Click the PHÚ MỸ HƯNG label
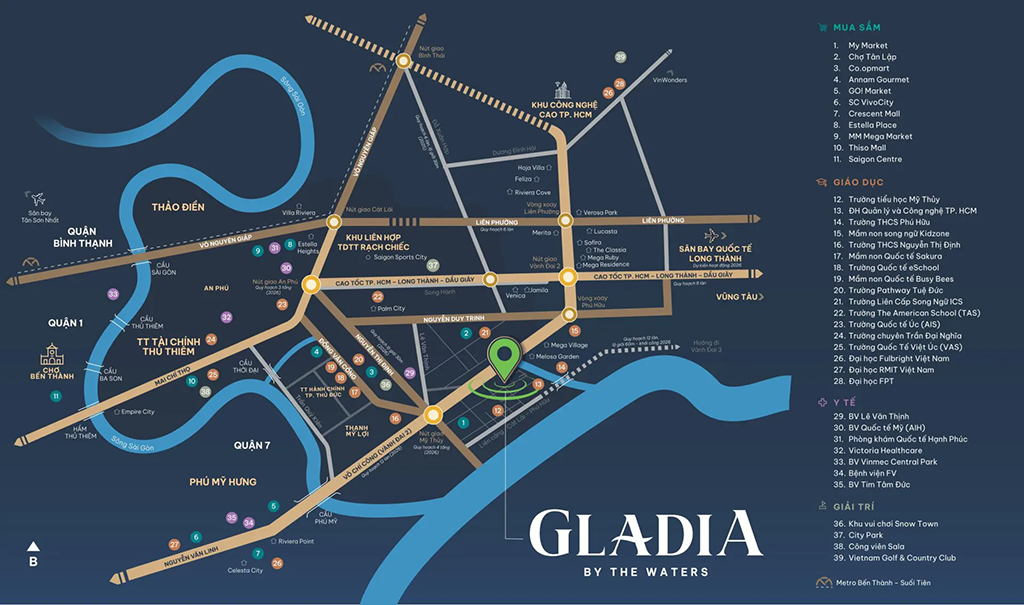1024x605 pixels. coord(226,482)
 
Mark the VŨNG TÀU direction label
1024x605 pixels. coord(736,297)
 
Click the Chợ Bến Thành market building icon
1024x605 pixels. coord(53,355)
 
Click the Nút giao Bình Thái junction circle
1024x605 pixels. coord(403,61)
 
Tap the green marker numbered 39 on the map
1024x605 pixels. coord(620,57)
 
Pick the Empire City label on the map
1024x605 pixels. coord(136,412)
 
